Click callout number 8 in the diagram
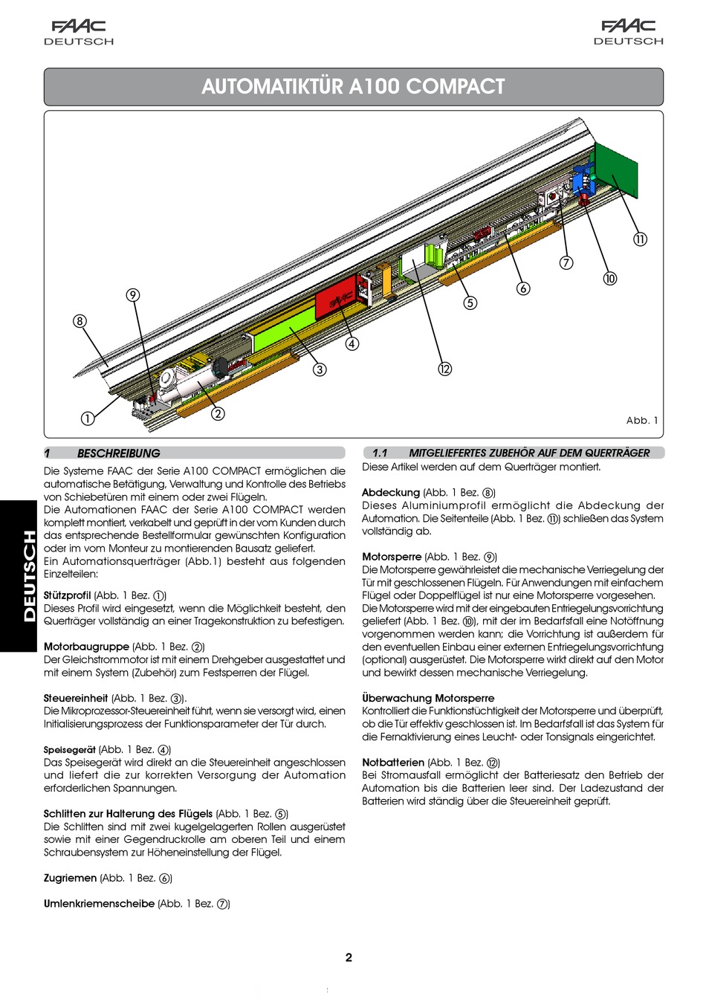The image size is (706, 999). pyautogui.click(x=80, y=321)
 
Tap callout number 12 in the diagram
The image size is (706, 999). pyautogui.click(x=444, y=369)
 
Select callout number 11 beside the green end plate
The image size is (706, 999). pyautogui.click(x=640, y=239)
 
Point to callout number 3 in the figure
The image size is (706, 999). pyautogui.click(x=320, y=369)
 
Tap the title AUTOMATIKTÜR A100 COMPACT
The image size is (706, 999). pyautogui.click(x=353, y=87)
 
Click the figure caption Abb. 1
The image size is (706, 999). pyautogui.click(x=642, y=421)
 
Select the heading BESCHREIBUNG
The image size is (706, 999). pyautogui.click(x=118, y=453)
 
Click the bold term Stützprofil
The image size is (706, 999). pyautogui.click(x=67, y=595)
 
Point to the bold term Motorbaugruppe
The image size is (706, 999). pyautogui.click(x=86, y=647)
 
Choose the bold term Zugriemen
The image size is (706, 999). pyautogui.click(x=70, y=878)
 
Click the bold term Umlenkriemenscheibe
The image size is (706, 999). pyautogui.click(x=99, y=904)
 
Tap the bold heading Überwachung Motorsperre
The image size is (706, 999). pyautogui.click(x=428, y=698)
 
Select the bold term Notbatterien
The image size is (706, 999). pyautogui.click(x=393, y=763)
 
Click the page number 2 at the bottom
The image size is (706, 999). pyautogui.click(x=349, y=957)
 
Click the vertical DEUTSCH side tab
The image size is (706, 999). pyautogui.click(x=28, y=576)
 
